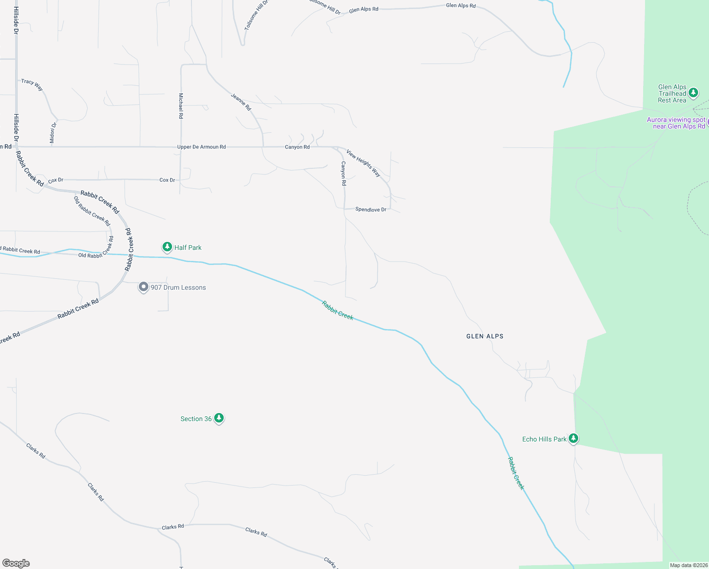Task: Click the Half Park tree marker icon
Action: (x=167, y=247)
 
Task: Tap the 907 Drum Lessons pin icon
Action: (x=143, y=287)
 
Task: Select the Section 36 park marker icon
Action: (x=218, y=418)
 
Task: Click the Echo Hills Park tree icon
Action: (x=573, y=438)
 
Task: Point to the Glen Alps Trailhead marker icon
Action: (x=693, y=92)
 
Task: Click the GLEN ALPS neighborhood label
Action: (x=485, y=336)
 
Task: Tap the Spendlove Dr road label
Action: (x=371, y=209)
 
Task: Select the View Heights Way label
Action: (x=364, y=163)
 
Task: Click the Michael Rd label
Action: (x=181, y=105)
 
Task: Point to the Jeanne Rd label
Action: (x=241, y=102)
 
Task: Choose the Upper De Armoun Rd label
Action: (x=201, y=147)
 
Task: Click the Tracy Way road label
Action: (x=32, y=84)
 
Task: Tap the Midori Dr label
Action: (x=53, y=132)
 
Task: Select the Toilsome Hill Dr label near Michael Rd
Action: (x=256, y=15)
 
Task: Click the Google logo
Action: (x=16, y=563)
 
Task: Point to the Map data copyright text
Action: (x=689, y=565)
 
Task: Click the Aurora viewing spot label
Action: (x=676, y=123)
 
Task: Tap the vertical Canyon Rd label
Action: (x=344, y=173)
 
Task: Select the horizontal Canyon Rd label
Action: (x=297, y=147)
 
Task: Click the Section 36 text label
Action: (x=196, y=419)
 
